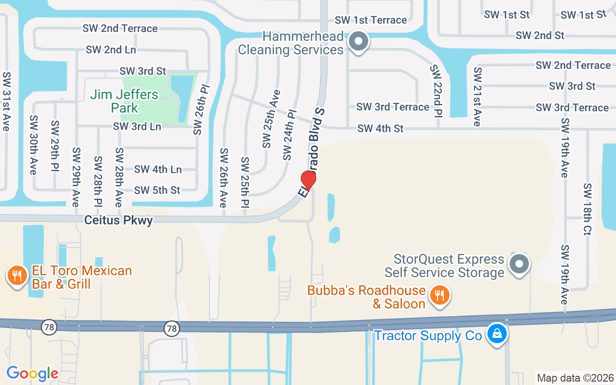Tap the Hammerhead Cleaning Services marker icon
(358, 41)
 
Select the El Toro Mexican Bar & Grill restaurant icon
(17, 276)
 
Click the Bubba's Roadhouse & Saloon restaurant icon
(439, 295)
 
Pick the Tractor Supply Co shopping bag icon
(496, 333)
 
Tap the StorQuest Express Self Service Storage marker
(519, 264)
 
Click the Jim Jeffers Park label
(124, 101)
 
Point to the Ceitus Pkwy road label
(118, 220)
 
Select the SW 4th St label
(380, 128)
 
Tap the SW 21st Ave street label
(477, 96)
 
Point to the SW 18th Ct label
(587, 209)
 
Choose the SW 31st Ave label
(7, 101)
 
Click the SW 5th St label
(157, 190)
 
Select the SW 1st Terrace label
(371, 20)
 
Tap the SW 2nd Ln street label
(111, 50)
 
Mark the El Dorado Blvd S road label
(312, 152)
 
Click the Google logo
(32, 373)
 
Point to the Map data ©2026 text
(575, 378)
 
